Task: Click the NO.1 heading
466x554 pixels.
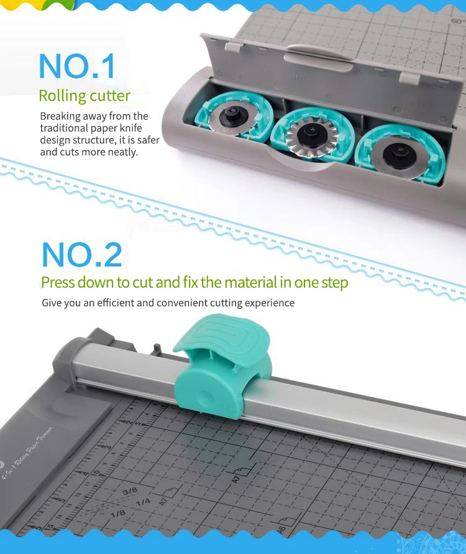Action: [77, 67]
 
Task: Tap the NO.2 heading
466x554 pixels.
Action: [82, 254]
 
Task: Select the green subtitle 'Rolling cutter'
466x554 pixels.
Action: [85, 96]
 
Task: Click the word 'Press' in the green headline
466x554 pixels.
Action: [59, 283]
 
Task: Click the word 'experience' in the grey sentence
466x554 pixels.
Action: [267, 303]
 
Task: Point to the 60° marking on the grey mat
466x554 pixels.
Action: [457, 21]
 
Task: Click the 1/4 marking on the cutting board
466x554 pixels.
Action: [144, 502]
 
